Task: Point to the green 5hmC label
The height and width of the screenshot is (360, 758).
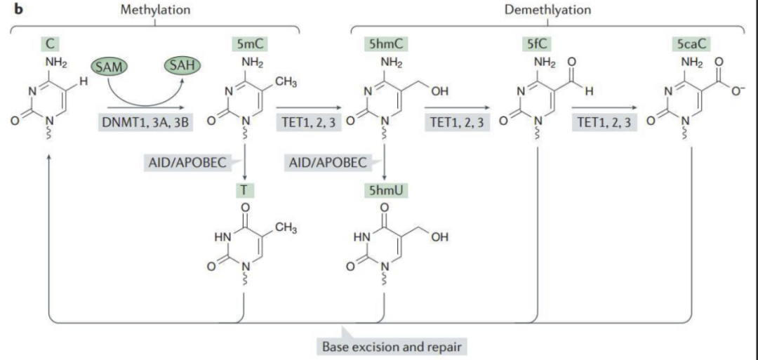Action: click(x=385, y=44)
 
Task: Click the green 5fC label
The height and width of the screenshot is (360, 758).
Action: click(x=527, y=44)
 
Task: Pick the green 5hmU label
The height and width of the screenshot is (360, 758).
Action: click(x=385, y=189)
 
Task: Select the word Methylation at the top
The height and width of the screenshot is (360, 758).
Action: click(x=154, y=10)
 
